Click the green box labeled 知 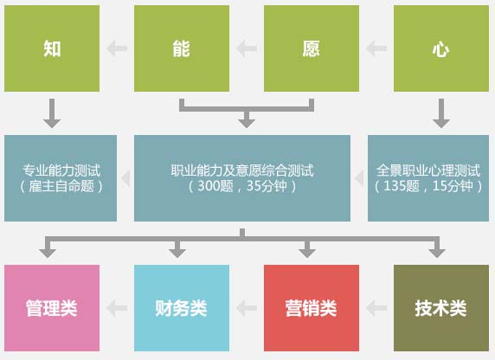click(x=52, y=48)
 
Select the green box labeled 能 click(x=182, y=48)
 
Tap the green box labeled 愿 click(x=312, y=48)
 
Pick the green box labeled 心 click(x=441, y=48)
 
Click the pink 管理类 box click(x=52, y=308)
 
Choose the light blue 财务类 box click(x=182, y=308)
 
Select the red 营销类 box click(x=312, y=308)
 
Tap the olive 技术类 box click(x=441, y=308)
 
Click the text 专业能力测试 click(x=61, y=170)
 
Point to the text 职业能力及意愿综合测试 click(x=242, y=170)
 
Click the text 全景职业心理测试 click(x=428, y=170)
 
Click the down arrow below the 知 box click(x=52, y=113)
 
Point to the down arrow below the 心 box click(x=441, y=113)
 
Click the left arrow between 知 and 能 click(x=117, y=48)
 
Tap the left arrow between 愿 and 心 click(x=376, y=48)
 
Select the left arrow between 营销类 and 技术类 click(x=376, y=308)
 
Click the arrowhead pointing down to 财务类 click(x=177, y=253)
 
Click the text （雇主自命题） click(x=61, y=186)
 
